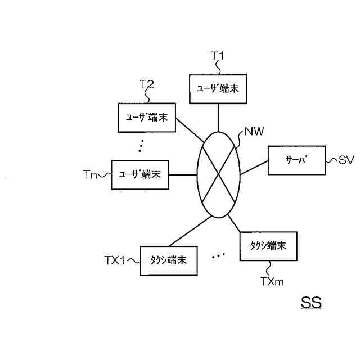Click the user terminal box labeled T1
pos(218,89)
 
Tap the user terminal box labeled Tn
pos(140,174)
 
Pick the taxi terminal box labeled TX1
pos(168,260)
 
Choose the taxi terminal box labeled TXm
pos(268,245)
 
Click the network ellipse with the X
pos(219,174)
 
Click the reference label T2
pos(147,84)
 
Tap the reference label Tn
pos(89,175)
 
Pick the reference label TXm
pos(272,279)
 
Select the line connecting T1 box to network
pos(218,118)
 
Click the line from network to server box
pos(254,167)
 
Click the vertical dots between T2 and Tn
pos(141,147)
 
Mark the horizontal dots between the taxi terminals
pos(218,256)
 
